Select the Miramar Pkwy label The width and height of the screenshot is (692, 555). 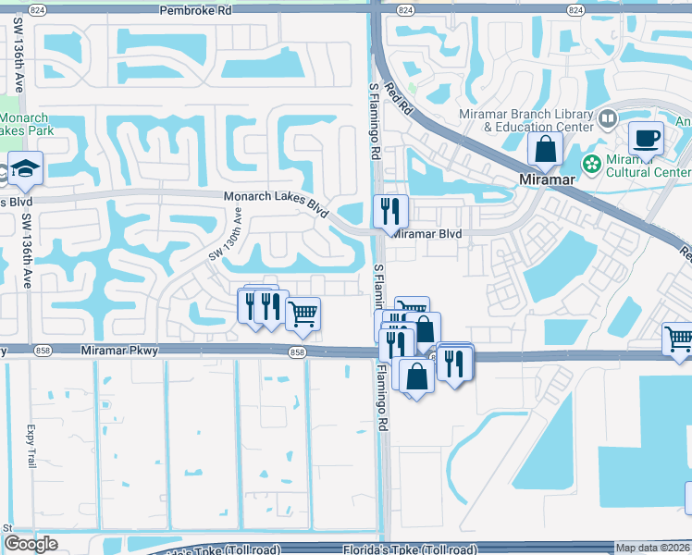coord(119,350)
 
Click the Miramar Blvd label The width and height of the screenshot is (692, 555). coord(426,234)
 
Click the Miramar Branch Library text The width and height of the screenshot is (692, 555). coord(525,115)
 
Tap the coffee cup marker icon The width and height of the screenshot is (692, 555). coord(646,139)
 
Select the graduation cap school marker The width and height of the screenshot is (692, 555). coord(26,168)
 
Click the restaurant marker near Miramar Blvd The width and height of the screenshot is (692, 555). coord(390,211)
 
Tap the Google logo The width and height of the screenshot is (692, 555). coord(31,544)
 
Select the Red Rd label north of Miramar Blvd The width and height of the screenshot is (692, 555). coord(396,96)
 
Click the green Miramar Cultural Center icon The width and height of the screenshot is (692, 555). coord(590,163)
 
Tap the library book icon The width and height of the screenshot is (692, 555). coord(608,117)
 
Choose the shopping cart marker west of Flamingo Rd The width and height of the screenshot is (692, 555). coord(303,314)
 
